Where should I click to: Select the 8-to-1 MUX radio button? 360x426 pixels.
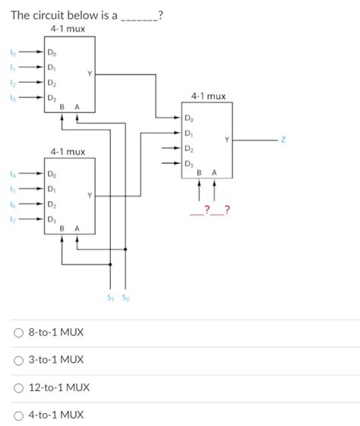[19, 333]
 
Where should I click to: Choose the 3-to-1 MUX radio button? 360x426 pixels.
[19, 360]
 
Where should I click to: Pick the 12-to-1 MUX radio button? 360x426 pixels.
[19, 387]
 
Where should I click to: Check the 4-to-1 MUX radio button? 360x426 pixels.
[19, 415]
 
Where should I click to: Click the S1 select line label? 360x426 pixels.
[112, 298]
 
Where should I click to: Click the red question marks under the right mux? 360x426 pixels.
[211, 209]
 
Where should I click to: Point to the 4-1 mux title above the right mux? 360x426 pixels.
[208, 96]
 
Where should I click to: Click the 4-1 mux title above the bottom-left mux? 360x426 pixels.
[68, 152]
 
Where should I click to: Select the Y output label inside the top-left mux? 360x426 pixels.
[90, 73]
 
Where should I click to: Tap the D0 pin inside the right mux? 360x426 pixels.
[188, 119]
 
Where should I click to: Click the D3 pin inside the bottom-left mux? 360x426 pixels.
[51, 219]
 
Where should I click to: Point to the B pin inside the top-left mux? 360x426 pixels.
[62, 108]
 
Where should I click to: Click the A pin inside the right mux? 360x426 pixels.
[215, 173]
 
